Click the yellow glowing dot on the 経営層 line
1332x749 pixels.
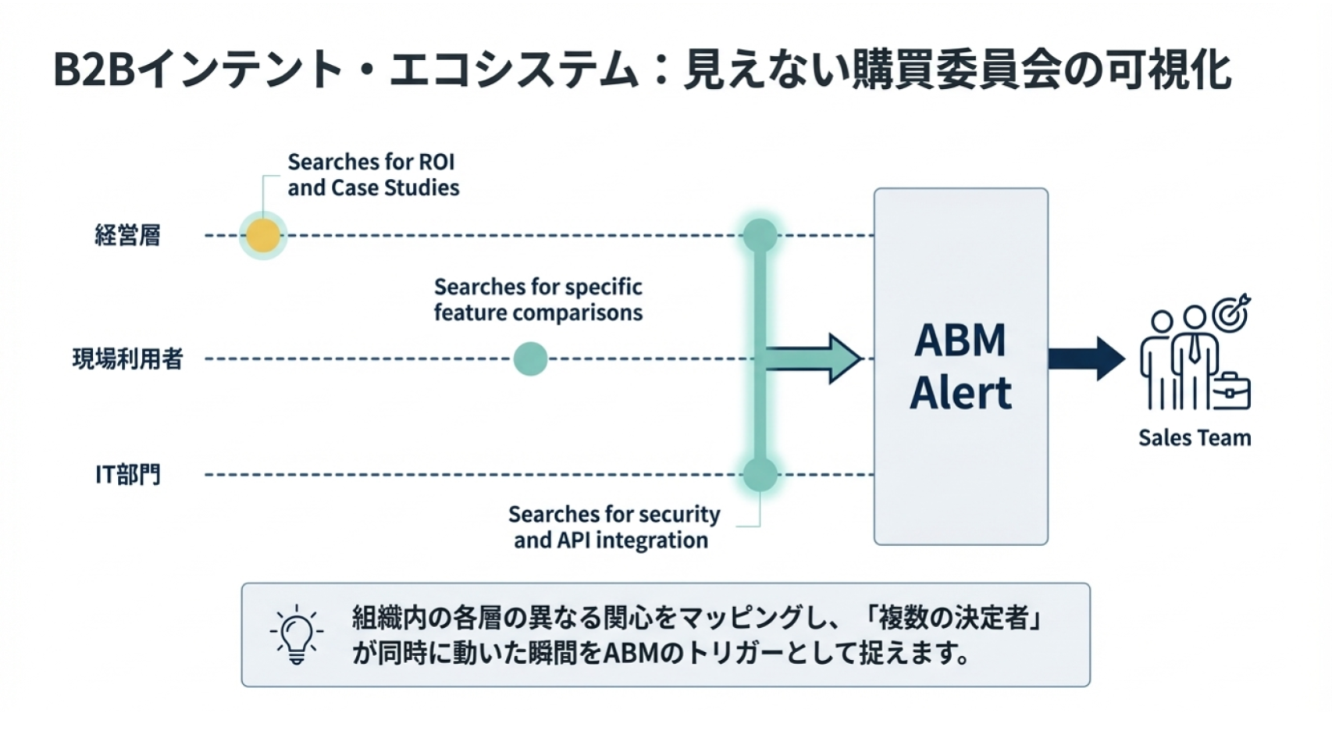pos(263,235)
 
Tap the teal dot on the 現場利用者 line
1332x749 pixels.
pos(531,359)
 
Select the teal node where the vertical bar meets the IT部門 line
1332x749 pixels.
pos(760,474)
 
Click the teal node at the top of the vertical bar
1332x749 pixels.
pos(760,235)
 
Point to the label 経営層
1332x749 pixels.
pos(127,235)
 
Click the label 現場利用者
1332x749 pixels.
pos(127,359)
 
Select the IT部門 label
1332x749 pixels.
pos(127,474)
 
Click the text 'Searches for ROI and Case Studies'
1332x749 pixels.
pos(372,175)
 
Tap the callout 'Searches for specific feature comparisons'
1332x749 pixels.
pos(538,300)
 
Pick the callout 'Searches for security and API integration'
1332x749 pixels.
pos(614,527)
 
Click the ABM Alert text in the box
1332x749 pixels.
pos(960,366)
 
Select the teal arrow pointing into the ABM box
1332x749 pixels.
pos(812,359)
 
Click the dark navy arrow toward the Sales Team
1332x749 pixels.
pos(1085,359)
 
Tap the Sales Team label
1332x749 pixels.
pos(1194,438)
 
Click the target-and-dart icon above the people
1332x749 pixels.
pos(1231,313)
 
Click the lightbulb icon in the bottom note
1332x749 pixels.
pos(296,634)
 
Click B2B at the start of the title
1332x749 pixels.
pos(94,70)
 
